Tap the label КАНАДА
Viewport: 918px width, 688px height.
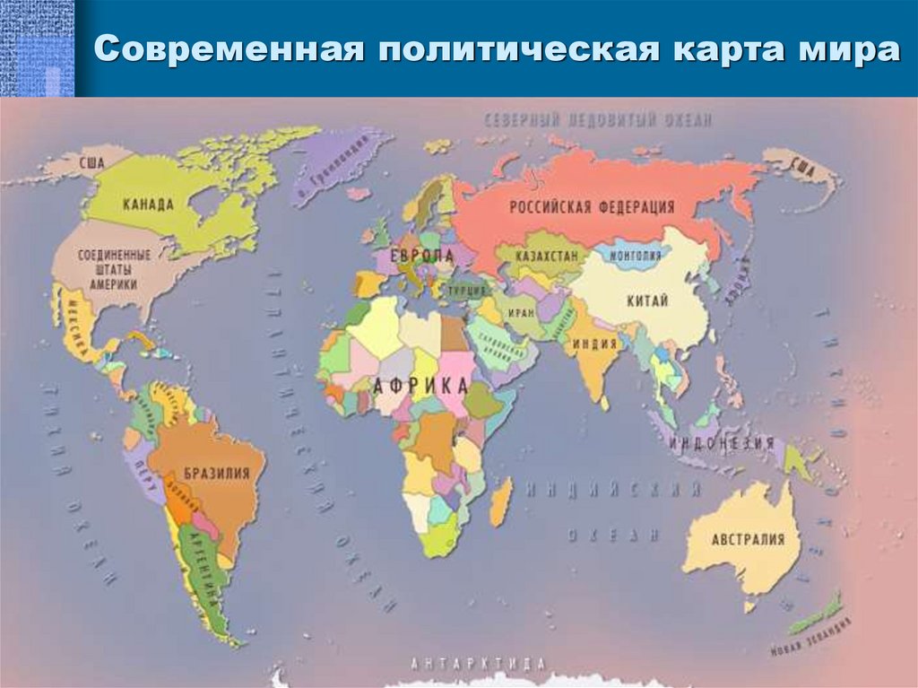pos(148,204)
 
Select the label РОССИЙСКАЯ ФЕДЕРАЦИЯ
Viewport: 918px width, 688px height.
pos(592,207)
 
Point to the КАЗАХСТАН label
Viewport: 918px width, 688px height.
pos(547,256)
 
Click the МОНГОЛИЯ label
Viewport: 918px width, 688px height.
pos(635,256)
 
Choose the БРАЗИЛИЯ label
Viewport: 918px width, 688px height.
pos(210,472)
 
